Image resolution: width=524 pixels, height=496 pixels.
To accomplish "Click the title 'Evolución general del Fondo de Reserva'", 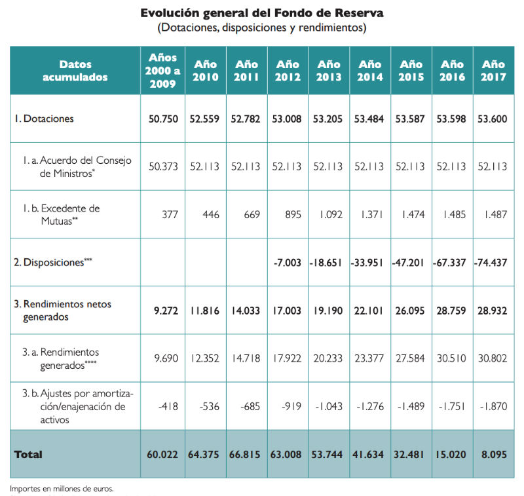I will pos(262,13).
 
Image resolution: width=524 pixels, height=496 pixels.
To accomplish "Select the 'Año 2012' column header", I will pos(288,71).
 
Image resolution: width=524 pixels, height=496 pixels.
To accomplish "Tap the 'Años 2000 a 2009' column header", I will pos(163,71).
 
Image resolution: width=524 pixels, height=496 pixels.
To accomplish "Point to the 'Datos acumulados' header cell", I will pos(75,71).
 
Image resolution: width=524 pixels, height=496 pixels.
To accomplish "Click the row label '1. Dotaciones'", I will pos(45,119).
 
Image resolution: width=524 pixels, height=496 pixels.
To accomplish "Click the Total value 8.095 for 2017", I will pos(493,453).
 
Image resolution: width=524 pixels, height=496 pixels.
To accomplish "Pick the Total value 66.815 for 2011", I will pos(246,453).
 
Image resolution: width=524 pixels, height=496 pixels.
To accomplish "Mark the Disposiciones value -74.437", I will pos(493,262).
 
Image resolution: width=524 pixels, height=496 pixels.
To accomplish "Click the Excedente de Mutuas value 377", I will pos(170,214).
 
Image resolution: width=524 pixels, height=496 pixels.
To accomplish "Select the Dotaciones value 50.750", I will pos(162,119).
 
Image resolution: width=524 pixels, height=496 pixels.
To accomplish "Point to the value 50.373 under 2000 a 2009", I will pos(163,166).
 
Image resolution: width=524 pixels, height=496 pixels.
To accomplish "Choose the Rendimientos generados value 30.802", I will pos(493,358).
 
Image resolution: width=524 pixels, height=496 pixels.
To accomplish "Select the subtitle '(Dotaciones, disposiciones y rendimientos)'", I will pos(262,28).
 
